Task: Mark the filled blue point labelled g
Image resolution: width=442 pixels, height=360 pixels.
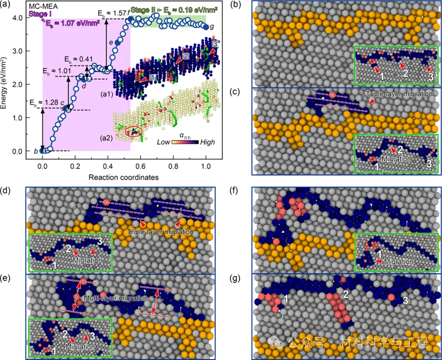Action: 206,27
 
